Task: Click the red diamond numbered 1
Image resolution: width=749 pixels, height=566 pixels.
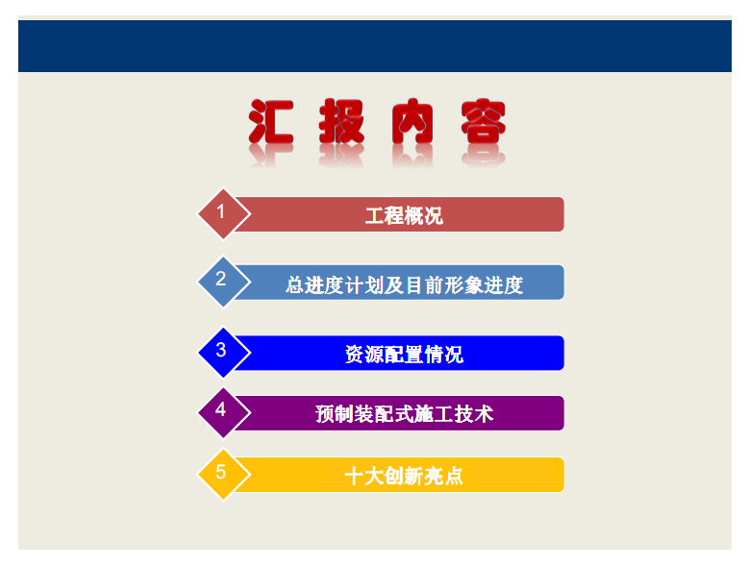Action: point(224,213)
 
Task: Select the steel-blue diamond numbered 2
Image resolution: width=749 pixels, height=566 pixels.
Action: point(224,283)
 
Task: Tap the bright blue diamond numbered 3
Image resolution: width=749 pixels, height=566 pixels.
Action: point(224,353)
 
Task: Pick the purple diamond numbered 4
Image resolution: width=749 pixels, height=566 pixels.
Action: point(224,413)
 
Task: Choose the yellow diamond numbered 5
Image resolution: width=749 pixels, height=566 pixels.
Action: point(224,475)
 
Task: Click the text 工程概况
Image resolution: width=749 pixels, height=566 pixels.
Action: point(404,215)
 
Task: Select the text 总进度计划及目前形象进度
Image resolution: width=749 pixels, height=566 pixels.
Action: point(404,284)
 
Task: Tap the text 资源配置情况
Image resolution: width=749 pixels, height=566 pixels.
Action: point(404,354)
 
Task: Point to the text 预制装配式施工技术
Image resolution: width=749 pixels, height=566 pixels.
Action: point(404,414)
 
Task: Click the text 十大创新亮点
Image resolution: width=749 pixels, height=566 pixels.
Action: point(404,476)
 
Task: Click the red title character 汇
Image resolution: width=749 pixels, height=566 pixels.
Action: point(271,122)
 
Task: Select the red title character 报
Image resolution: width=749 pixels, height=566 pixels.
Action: point(341,122)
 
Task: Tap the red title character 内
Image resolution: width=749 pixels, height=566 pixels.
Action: point(412,122)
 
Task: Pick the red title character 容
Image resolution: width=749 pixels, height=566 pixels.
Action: point(483,122)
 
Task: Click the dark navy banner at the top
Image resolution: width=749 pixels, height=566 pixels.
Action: point(375,46)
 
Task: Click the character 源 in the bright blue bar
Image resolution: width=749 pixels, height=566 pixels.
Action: point(375,354)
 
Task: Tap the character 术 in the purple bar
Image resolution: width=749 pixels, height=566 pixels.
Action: point(484,414)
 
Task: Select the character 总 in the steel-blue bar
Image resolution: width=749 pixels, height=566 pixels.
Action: point(295,284)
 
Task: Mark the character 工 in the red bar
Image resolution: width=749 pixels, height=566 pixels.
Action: point(375,215)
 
